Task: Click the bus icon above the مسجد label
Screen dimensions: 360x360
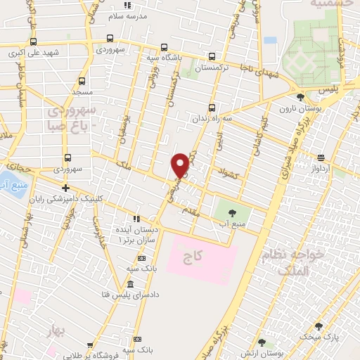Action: (x=82, y=81)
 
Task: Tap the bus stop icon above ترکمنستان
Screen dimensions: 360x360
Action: (x=212, y=58)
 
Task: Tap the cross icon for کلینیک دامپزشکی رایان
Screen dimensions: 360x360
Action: (x=65, y=188)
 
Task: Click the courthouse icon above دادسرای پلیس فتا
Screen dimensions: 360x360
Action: (x=130, y=285)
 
